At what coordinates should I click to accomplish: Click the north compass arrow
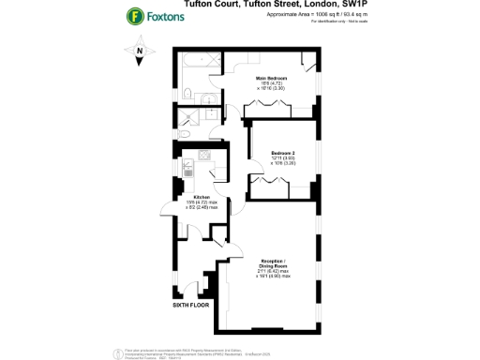[141, 55]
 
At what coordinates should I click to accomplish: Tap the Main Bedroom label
[272, 80]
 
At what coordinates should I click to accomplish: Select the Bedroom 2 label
[284, 154]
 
